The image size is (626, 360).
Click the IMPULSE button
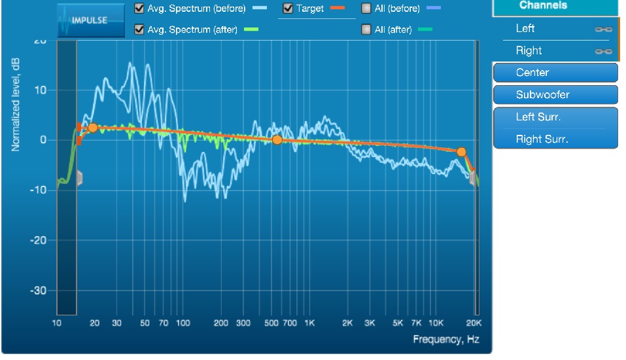pyautogui.click(x=90, y=20)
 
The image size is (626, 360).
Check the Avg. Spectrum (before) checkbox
pyautogui.click(x=139, y=9)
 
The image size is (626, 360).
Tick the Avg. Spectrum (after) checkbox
pyautogui.click(x=139, y=29)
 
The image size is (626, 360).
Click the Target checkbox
pyautogui.click(x=288, y=9)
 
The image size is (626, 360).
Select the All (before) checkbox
pyautogui.click(x=366, y=9)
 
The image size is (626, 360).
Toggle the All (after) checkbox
pyautogui.click(x=366, y=29)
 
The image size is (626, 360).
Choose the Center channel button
pyautogui.click(x=555, y=73)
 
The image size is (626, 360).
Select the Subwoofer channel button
pyautogui.click(x=555, y=95)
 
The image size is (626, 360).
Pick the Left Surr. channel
pyautogui.click(x=555, y=117)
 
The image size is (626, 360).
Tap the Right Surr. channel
pyautogui.click(x=555, y=139)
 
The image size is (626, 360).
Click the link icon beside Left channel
pyautogui.click(x=603, y=29)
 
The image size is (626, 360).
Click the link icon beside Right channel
pyautogui.click(x=603, y=51)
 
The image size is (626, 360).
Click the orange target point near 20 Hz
pyautogui.click(x=93, y=128)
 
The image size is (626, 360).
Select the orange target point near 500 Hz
pyautogui.click(x=277, y=139)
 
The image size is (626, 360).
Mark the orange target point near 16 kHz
pyautogui.click(x=461, y=152)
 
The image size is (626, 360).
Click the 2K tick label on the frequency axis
pyautogui.click(x=347, y=323)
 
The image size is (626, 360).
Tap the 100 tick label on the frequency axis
pyautogui.click(x=183, y=323)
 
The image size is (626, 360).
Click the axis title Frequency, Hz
pyautogui.click(x=447, y=339)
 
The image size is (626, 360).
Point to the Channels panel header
pyautogui.click(x=555, y=7)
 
